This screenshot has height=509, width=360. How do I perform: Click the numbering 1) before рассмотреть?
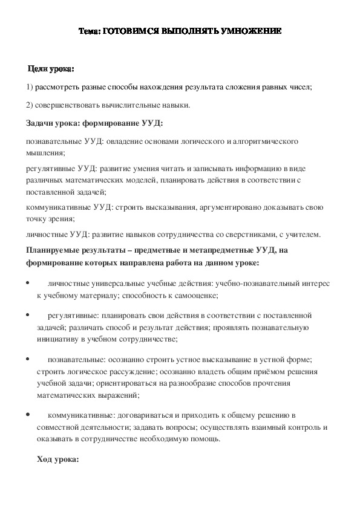30,87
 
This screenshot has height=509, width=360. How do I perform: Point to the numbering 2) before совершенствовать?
30,105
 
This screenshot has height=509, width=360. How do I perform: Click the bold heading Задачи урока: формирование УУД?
95,123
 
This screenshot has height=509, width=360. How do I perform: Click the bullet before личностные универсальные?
29,283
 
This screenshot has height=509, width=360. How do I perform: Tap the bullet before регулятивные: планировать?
29,315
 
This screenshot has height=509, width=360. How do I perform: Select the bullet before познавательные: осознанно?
29,358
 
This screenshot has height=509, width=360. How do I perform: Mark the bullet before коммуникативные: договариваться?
29,414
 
